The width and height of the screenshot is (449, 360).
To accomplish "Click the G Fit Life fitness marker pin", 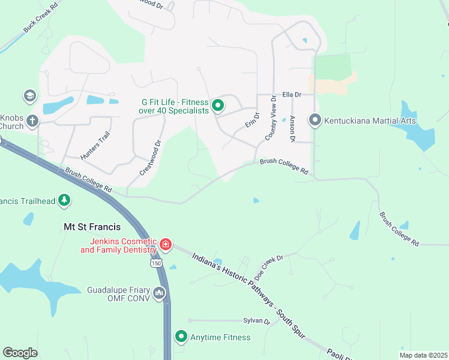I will click(x=218, y=106).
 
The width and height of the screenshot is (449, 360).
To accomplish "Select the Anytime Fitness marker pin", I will click(x=181, y=337).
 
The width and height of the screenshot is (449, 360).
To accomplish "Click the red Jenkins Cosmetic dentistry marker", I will click(x=165, y=245).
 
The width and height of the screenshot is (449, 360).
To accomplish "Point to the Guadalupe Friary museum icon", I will click(x=159, y=293).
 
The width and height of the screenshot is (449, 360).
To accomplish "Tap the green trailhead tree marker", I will click(x=64, y=201).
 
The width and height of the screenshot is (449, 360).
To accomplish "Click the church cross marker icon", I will click(x=32, y=121).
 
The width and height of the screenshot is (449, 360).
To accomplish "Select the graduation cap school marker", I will click(x=29, y=95).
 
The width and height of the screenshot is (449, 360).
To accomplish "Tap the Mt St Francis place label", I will click(x=92, y=227).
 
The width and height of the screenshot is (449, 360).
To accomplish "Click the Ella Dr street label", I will click(x=291, y=95).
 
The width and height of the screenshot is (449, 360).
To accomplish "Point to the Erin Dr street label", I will click(x=252, y=119).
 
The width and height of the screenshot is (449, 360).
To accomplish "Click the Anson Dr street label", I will click(x=292, y=128).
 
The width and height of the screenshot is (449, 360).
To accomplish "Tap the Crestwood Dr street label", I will click(x=151, y=157).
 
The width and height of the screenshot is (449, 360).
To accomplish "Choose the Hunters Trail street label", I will click(x=95, y=145).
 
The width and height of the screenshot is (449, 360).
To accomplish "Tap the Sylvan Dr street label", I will click(x=257, y=321).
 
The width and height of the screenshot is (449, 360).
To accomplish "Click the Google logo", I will click(x=20, y=353).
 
